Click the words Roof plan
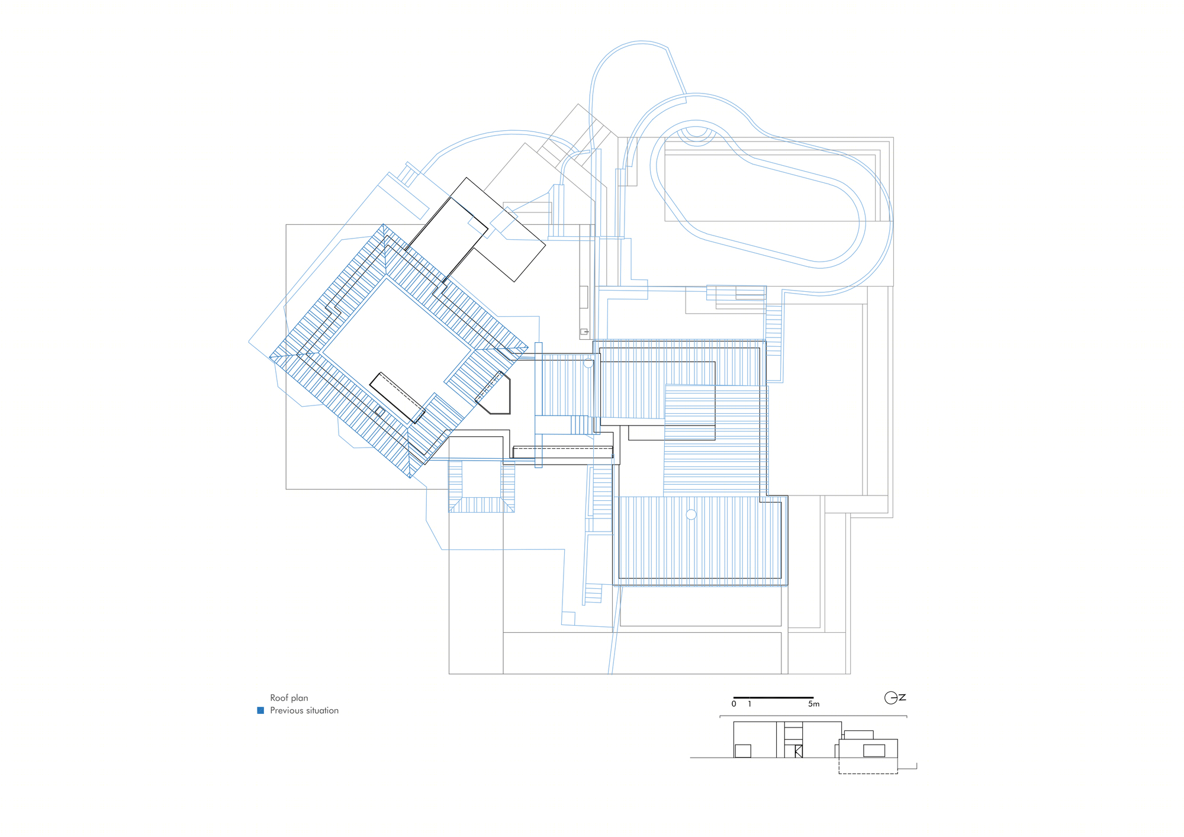(289, 698)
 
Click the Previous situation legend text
(304, 710)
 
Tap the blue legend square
(260, 710)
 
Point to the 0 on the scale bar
(734, 704)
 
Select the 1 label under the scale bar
(749, 704)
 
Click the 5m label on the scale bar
(814, 704)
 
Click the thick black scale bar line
(773, 697)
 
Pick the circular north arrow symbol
(891, 698)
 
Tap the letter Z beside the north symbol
(902, 697)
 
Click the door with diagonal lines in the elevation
(799, 751)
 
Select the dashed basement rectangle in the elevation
(868, 765)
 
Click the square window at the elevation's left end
(743, 751)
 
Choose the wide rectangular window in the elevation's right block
(874, 751)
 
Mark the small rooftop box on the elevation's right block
(859, 735)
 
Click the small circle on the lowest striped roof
(691, 515)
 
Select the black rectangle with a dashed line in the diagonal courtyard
(397, 398)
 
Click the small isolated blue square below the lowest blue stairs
(568, 618)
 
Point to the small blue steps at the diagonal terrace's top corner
(408, 175)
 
